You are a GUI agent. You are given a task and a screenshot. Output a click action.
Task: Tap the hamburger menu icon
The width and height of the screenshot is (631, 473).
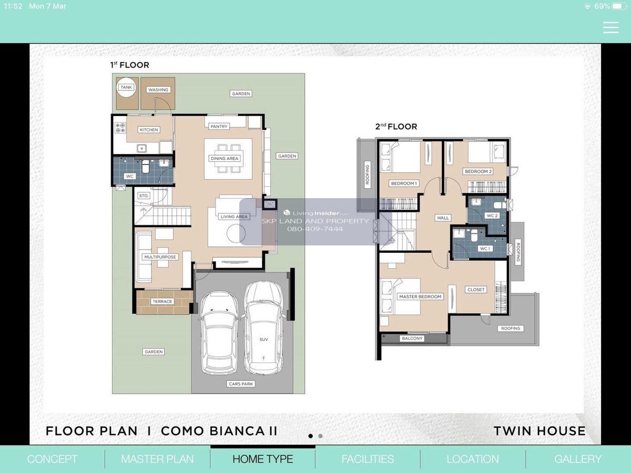[x=610, y=27]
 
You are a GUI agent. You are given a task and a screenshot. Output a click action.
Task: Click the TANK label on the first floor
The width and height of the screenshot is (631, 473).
[x=126, y=87]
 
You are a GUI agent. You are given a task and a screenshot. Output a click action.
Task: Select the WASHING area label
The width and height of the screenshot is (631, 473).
[x=158, y=90]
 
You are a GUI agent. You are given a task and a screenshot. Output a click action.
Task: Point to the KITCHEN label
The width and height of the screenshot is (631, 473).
[x=149, y=130]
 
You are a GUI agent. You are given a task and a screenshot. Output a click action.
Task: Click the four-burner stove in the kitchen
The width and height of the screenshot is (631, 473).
[x=120, y=128]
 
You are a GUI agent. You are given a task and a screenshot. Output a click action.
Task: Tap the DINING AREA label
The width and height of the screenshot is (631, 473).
[x=224, y=159]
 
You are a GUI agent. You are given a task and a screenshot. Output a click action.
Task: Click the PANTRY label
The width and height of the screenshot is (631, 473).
[x=219, y=126]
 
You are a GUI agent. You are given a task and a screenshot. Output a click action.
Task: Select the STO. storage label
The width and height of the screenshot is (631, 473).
[x=144, y=196]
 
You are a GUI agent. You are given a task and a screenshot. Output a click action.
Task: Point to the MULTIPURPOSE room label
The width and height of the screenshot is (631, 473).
[x=160, y=257]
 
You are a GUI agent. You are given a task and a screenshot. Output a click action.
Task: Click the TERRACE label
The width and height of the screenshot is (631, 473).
[x=162, y=302]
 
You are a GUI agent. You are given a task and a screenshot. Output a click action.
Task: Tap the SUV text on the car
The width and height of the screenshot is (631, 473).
[x=263, y=340]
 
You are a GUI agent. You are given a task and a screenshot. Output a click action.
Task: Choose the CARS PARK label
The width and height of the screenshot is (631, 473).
[x=241, y=384]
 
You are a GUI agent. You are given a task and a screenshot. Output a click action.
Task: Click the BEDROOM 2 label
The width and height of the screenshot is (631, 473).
[x=478, y=171]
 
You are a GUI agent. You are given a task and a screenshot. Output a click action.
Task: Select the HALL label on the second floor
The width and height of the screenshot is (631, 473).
[x=443, y=218]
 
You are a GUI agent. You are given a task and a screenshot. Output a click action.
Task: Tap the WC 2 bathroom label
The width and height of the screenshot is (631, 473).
[x=492, y=215]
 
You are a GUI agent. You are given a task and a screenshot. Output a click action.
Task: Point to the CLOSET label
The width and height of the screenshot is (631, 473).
[x=476, y=290]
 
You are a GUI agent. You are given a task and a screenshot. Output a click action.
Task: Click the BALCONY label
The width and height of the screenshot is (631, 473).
[x=412, y=338]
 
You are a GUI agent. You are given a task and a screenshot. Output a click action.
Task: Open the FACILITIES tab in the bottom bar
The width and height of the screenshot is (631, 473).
[x=368, y=459]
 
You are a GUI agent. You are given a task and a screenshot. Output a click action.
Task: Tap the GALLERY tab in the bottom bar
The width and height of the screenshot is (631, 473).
[x=578, y=459]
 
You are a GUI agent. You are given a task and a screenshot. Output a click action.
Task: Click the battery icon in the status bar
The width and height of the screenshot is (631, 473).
[x=619, y=6]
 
